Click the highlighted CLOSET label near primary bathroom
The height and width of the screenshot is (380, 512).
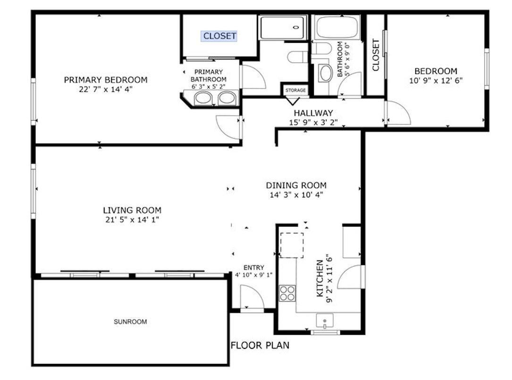(219, 36)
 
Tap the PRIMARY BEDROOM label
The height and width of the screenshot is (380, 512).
(106, 80)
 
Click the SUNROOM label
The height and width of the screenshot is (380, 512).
(130, 322)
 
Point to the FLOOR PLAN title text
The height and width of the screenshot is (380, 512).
(260, 346)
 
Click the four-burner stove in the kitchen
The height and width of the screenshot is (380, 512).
(287, 293)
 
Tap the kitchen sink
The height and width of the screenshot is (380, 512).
(325, 322)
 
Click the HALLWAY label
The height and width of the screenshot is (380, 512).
(313, 113)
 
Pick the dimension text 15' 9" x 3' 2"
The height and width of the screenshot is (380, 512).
(313, 122)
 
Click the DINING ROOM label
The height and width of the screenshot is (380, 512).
(296, 185)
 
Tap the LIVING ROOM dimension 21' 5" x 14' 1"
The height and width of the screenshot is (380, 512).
(132, 219)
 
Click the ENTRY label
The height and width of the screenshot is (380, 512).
(253, 267)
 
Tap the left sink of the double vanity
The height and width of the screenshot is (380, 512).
(204, 98)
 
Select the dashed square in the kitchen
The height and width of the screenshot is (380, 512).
(292, 245)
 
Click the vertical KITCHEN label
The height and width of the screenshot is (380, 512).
(319, 278)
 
